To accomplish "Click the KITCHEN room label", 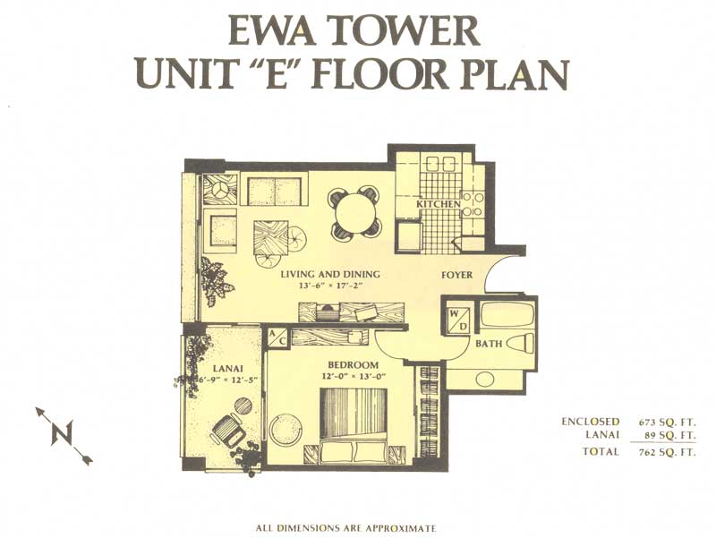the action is click(439, 204).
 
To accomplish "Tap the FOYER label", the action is click(456, 276).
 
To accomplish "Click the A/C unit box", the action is click(277, 337).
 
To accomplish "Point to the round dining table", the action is click(354, 214).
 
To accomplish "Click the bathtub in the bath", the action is click(507, 313).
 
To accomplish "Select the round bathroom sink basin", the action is click(484, 378).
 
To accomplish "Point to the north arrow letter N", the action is click(62, 432).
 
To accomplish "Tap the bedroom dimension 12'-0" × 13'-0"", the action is click(354, 377).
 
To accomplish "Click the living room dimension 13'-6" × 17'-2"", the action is click(331, 286).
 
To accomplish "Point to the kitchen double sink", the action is click(441, 163).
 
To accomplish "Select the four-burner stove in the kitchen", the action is click(473, 204).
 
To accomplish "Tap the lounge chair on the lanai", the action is click(228, 430).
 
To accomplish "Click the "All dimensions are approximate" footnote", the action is click(345, 528).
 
